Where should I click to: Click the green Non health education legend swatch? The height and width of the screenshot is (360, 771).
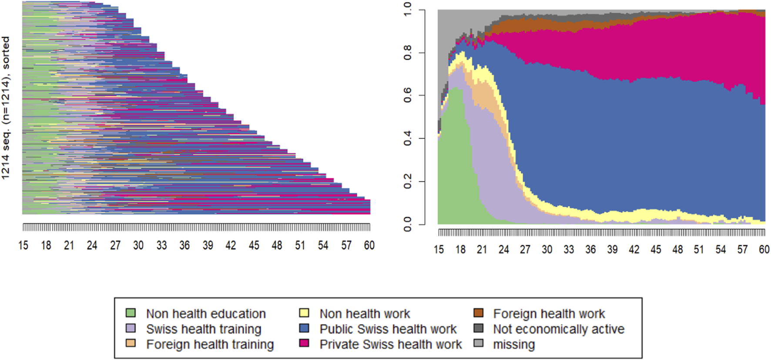pos(131,313)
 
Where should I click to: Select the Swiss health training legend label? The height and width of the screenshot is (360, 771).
pos(204,329)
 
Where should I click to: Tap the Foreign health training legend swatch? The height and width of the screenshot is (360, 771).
pos(131,343)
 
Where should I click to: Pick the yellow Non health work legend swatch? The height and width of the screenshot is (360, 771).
pos(304,313)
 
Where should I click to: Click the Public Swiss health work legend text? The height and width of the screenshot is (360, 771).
pos(388,329)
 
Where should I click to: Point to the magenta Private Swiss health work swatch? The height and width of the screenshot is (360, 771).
pos(304,343)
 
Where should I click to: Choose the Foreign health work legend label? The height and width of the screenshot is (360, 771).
pos(549,313)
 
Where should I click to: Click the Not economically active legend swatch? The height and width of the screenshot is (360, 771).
pos(478,328)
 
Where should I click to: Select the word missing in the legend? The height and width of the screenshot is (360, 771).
pos(514,344)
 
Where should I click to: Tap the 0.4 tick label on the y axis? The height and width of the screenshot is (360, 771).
pos(407,139)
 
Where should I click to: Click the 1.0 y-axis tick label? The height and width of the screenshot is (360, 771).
pos(407,10)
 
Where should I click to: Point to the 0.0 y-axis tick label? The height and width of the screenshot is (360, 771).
pos(407,224)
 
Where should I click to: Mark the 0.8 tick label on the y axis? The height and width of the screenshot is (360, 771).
pos(407,53)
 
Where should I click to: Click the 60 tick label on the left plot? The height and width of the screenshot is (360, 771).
pos(369,246)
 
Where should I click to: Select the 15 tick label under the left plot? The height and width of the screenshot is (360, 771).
pos(23,246)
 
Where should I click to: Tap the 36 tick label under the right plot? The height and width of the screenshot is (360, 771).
pos(590,249)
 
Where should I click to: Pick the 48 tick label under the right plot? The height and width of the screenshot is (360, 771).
pos(677,249)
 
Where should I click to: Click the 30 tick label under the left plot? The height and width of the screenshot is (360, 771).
pos(138,246)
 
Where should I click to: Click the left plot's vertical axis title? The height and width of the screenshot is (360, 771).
pos(5,108)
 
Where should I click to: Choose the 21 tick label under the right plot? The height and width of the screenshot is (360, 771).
pos(482,249)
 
